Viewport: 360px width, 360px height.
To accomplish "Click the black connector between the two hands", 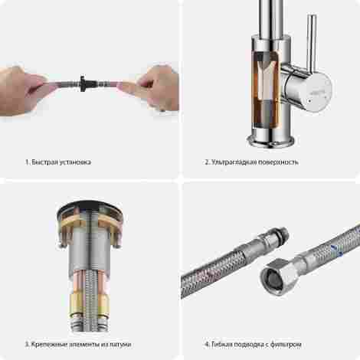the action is coord(83,83).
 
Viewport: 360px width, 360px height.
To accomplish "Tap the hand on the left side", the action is coord(23,90).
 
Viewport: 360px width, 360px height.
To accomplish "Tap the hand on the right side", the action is coord(153,87).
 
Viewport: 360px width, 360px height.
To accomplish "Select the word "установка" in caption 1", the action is coord(75,162).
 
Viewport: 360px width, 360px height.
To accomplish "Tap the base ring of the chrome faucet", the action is coord(270,141).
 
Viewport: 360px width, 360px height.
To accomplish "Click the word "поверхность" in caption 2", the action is coord(278,162).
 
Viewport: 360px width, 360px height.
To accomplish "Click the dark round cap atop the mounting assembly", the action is coord(90,207).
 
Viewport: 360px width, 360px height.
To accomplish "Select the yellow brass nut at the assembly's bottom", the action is coord(90,305).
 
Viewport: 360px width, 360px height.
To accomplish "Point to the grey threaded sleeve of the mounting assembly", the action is coord(90,250).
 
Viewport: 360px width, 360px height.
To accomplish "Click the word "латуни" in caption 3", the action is coord(120,345).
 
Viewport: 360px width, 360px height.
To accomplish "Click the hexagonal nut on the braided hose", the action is coord(278,277).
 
